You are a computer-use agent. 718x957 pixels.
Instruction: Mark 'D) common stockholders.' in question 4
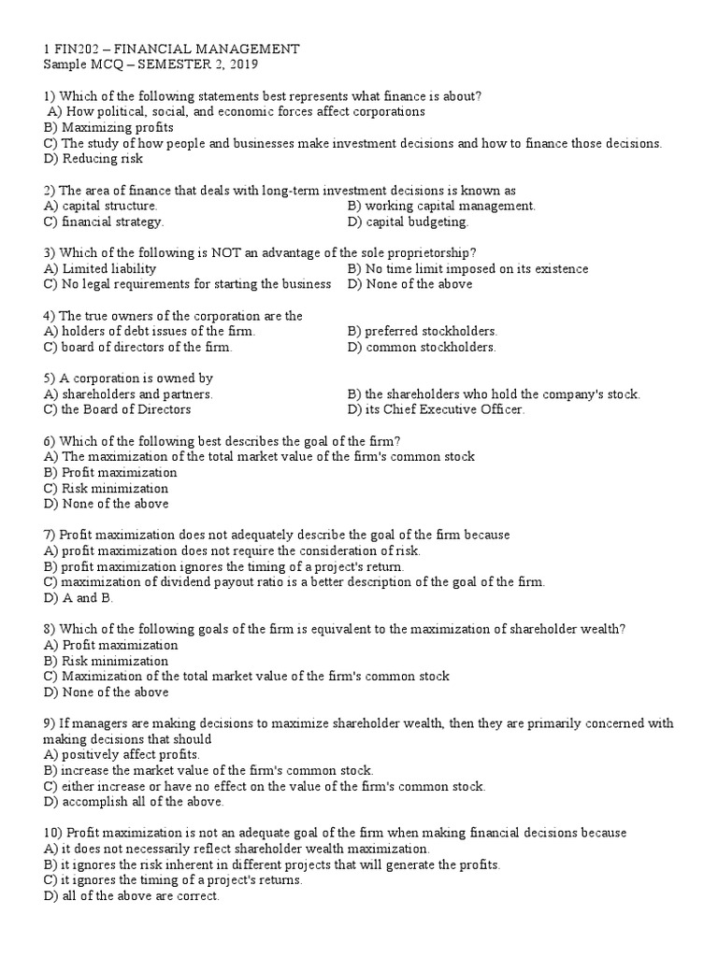point(421,347)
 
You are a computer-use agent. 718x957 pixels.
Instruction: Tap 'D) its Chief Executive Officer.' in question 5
point(436,409)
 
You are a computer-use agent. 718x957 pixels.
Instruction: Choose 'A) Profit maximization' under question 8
point(110,645)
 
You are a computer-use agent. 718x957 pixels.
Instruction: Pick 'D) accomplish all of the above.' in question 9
point(134,802)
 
